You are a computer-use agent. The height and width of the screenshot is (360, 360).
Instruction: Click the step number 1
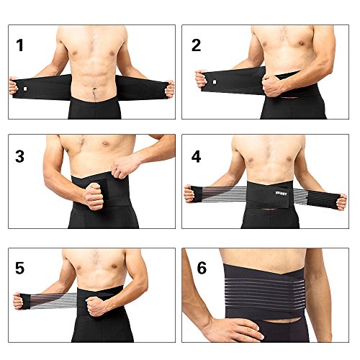tap(20, 45)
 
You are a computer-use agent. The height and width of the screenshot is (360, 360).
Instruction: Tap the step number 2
tap(197, 45)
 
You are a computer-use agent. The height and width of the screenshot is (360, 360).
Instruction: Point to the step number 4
tap(196, 156)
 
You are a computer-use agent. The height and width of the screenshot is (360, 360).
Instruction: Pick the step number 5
tap(21, 268)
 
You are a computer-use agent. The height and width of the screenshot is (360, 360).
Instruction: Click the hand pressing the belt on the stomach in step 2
tap(276, 85)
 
